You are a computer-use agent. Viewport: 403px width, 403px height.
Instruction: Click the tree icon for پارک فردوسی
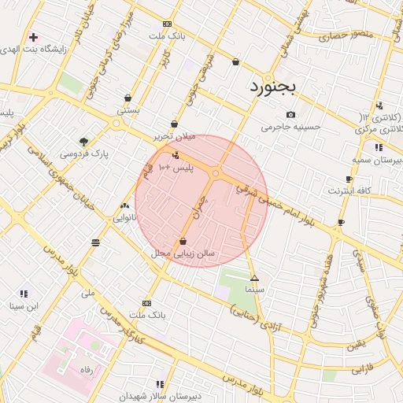pyautogui.click(x=83, y=142)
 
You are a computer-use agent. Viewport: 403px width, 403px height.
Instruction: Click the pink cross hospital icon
pyautogui.click(x=33, y=36)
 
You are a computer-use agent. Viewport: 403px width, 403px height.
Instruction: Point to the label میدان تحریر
pyautogui.click(x=173, y=136)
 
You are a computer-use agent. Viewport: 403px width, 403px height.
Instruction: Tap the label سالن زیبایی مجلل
pyautogui.click(x=183, y=254)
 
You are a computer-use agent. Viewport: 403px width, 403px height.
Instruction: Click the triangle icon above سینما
pyautogui.click(x=254, y=278)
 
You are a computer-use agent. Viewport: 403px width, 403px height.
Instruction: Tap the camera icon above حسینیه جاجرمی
pyautogui.click(x=291, y=114)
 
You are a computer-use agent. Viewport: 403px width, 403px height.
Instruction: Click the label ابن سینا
pyautogui.click(x=23, y=305)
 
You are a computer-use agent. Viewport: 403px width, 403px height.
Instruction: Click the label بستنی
pyautogui.click(x=128, y=110)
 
